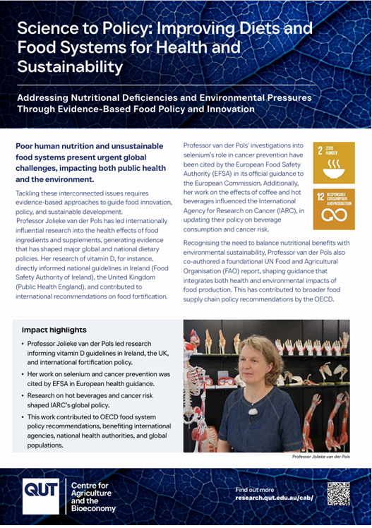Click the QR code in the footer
[x=339, y=493]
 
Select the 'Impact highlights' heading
[x=54, y=330]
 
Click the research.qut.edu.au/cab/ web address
[x=274, y=498]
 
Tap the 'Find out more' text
[x=255, y=488]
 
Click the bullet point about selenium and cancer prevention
[x=99, y=378]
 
